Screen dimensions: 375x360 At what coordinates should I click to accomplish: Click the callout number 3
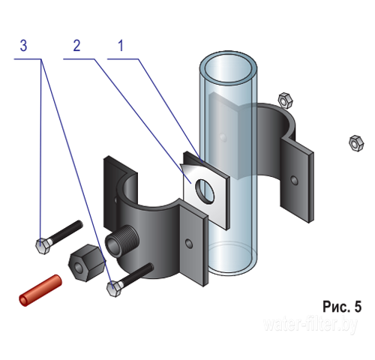(23, 46)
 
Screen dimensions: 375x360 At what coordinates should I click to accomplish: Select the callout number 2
(76, 46)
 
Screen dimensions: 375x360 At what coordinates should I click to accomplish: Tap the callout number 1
(121, 46)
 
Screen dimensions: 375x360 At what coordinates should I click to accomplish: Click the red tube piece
(40, 290)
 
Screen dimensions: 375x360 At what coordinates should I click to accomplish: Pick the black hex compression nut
(87, 262)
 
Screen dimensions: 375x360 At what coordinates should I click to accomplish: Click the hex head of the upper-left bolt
(43, 246)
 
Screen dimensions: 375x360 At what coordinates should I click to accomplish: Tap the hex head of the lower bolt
(114, 289)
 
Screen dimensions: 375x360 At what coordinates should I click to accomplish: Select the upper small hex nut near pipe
(286, 100)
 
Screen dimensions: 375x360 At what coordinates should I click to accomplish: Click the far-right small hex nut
(356, 143)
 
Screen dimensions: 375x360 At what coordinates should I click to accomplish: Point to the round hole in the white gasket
(205, 192)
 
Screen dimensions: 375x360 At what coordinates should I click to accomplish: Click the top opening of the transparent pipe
(228, 68)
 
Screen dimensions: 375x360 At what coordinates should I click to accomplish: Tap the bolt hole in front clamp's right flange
(189, 244)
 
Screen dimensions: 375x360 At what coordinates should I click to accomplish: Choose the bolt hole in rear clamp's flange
(294, 180)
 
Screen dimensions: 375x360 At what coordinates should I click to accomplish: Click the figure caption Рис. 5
(342, 307)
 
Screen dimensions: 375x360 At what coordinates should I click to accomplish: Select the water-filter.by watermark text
(310, 325)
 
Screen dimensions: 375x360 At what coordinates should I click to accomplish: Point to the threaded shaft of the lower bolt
(137, 274)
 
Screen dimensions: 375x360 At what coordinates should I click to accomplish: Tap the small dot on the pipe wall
(223, 137)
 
